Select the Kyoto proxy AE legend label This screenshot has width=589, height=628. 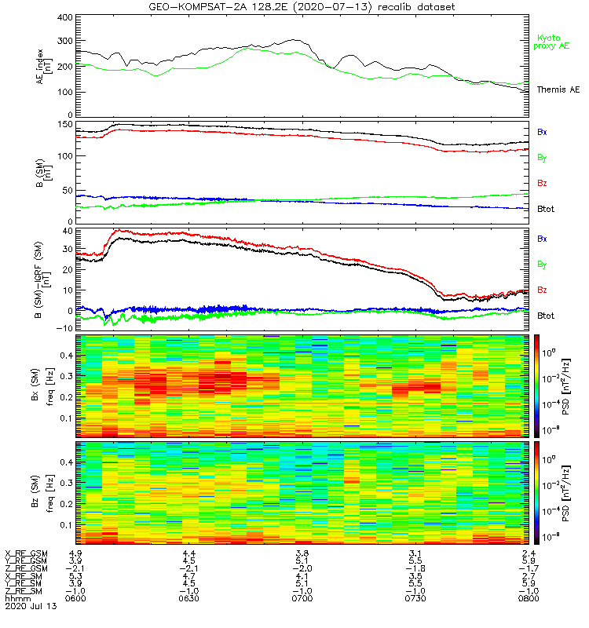click(x=553, y=42)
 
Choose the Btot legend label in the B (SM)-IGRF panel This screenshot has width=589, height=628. click(x=547, y=316)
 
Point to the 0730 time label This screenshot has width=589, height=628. click(x=415, y=598)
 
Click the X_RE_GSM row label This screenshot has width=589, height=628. click(x=26, y=553)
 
